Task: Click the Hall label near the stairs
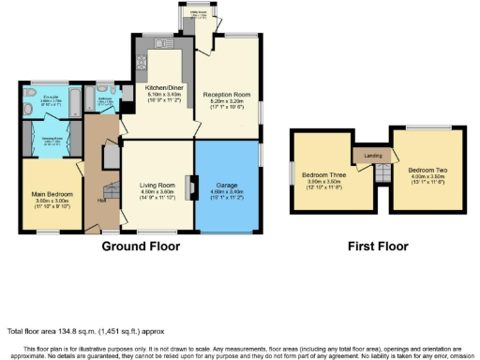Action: (100, 200)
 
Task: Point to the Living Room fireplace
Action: (189, 188)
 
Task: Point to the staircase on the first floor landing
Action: (382, 173)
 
